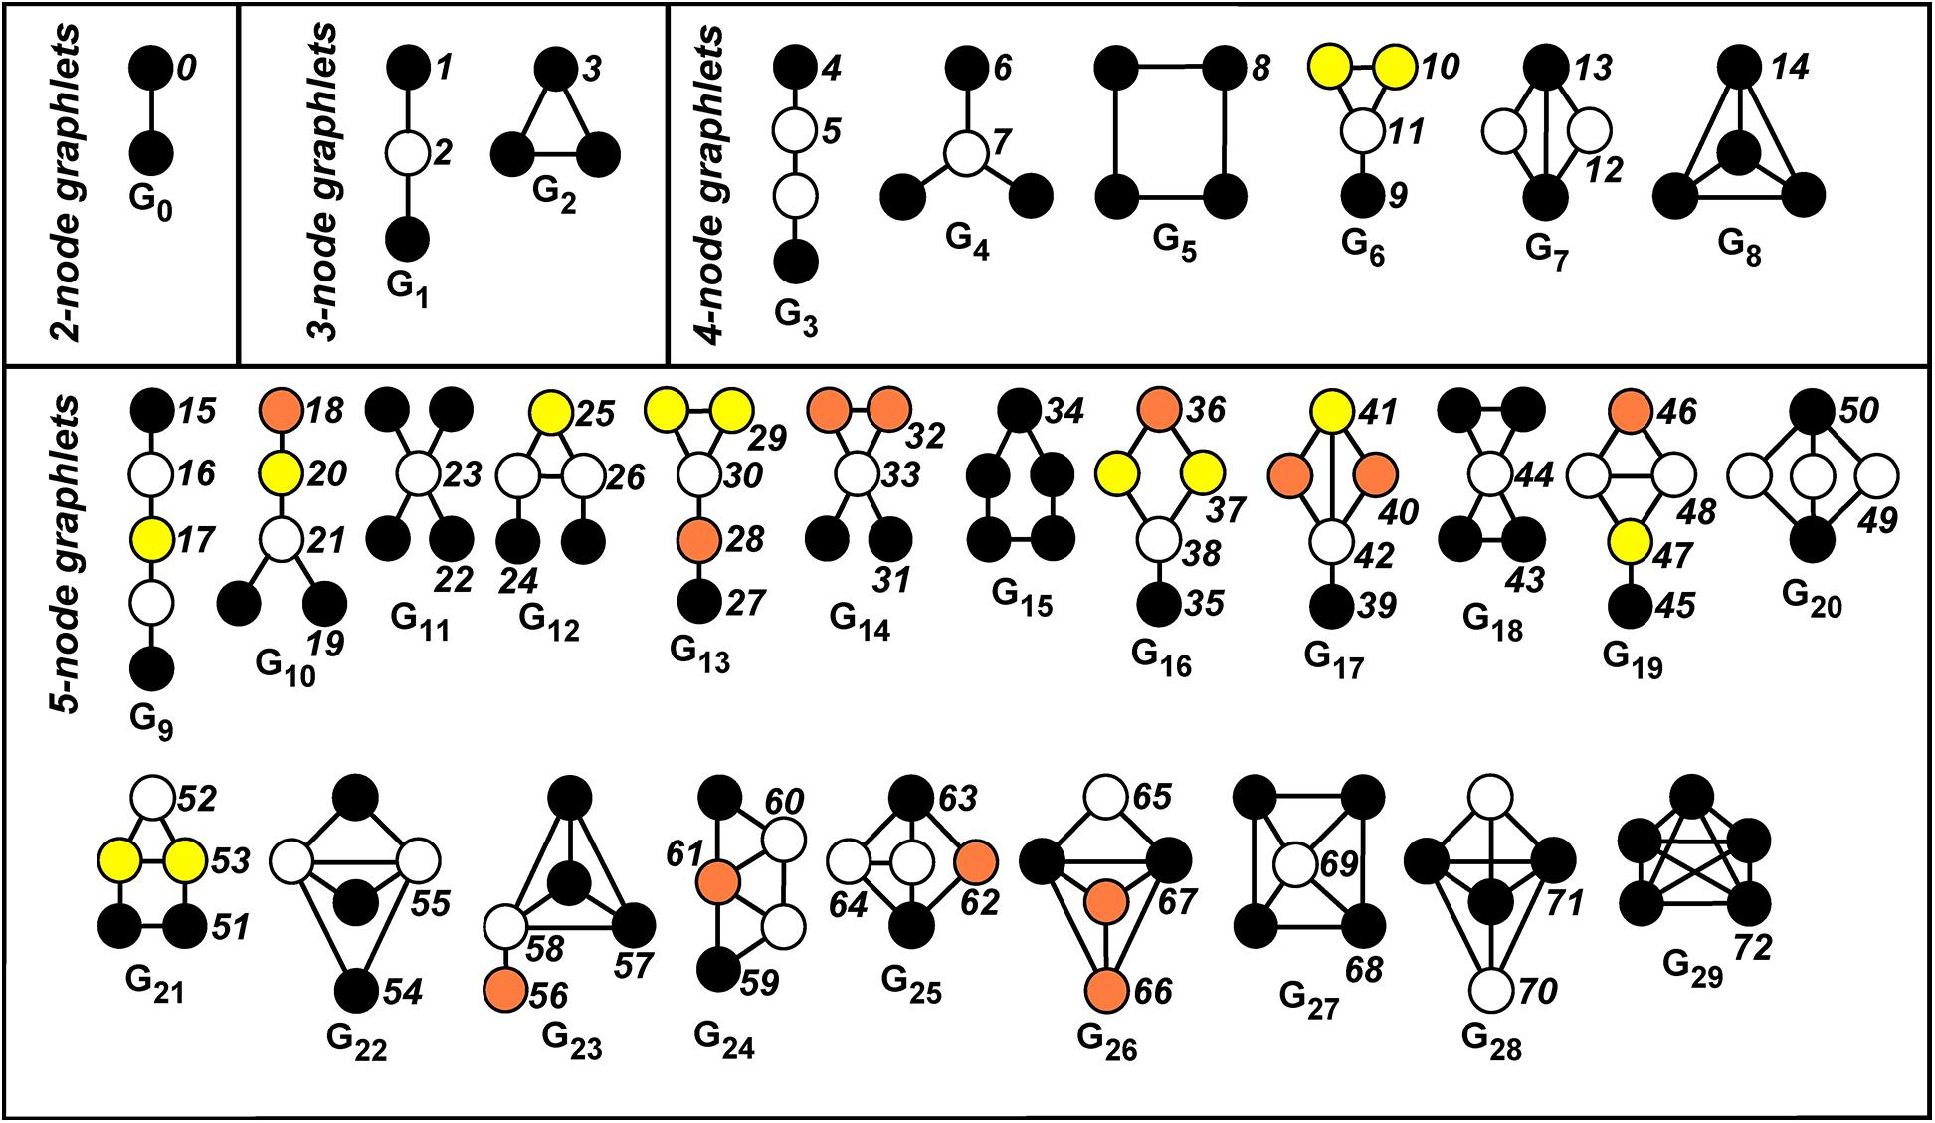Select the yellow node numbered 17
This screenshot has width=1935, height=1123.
pos(152,538)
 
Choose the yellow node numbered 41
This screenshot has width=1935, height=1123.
pos(1332,410)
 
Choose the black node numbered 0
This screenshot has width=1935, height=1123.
pos(152,69)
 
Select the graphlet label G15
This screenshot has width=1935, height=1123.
pos(1022,599)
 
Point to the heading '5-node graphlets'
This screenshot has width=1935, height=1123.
pos(68,555)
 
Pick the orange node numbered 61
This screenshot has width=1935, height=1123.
pos(718,879)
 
